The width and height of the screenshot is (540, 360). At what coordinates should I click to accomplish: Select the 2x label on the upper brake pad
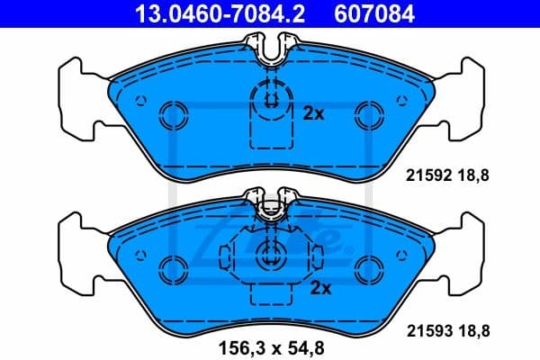click(312, 113)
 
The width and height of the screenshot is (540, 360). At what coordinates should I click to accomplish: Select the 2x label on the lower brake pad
click(319, 288)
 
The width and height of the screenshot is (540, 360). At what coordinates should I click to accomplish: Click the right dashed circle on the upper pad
click(367, 112)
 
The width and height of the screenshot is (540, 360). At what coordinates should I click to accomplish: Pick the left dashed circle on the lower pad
click(171, 265)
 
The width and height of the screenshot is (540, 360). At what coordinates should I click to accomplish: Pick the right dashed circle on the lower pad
click(367, 265)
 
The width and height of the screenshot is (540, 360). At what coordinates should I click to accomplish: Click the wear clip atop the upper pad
click(269, 49)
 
